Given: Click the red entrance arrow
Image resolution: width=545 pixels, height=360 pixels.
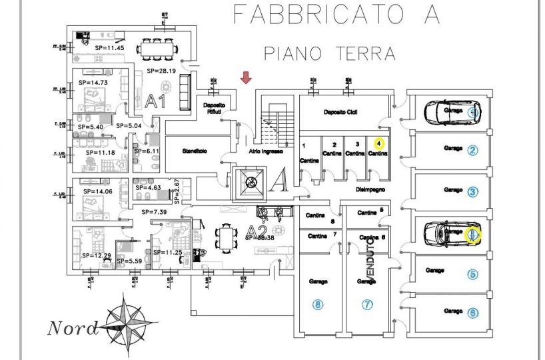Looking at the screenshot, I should (246, 78).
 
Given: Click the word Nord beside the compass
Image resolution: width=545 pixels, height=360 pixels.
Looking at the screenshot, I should (73, 328).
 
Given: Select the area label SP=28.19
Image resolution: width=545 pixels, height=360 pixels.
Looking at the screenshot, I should (160, 70).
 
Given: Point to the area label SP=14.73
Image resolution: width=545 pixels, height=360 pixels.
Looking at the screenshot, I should (93, 82).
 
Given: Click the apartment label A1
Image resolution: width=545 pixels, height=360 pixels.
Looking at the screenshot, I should (156, 102).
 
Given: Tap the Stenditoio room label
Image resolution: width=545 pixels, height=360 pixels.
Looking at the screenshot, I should (195, 152).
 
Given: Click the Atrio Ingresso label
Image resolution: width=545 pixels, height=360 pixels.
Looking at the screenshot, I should (267, 152).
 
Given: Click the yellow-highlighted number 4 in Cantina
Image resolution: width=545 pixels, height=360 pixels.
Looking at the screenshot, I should (378, 143).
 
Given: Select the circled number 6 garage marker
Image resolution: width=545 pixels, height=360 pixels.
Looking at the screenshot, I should (472, 312).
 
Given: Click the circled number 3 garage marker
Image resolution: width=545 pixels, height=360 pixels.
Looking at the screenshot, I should (472, 192).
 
